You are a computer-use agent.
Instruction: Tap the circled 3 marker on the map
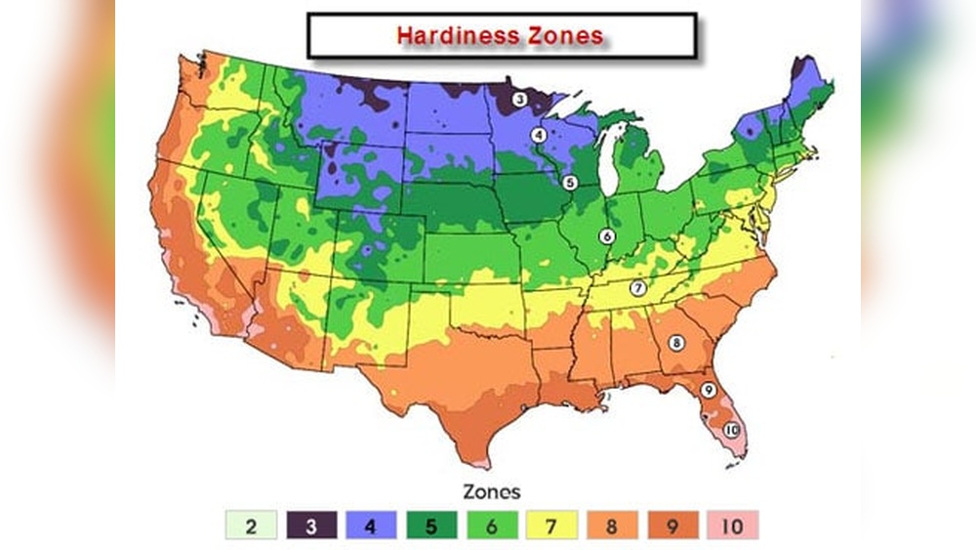[x=520, y=99]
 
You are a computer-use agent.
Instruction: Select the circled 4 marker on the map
[x=538, y=135]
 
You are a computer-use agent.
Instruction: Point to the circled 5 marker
[x=571, y=182]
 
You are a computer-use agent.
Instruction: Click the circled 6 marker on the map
[x=606, y=235]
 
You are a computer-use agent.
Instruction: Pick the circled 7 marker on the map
[x=637, y=288]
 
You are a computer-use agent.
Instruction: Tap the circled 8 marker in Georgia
[x=675, y=342]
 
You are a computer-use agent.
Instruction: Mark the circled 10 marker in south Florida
[x=731, y=430]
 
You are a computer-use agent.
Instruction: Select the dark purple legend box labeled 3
[x=310, y=526]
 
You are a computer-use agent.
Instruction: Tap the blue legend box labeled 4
[x=372, y=526]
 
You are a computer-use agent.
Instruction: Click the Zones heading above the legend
[x=492, y=491]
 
